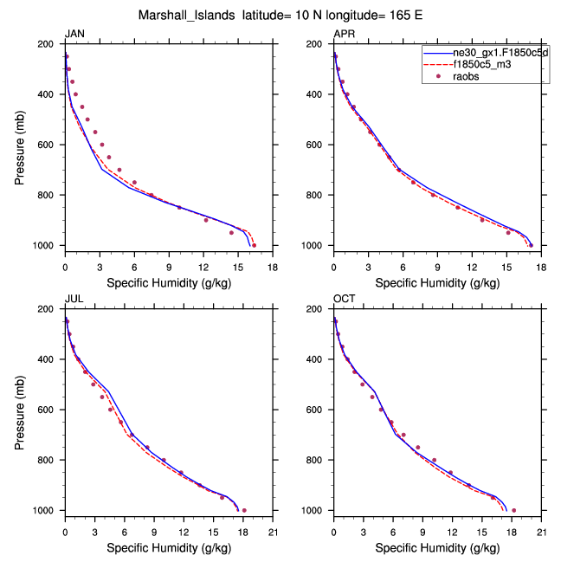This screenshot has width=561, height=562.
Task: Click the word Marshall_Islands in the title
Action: pos(183,15)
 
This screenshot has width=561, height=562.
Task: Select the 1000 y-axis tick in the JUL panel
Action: pos(48,511)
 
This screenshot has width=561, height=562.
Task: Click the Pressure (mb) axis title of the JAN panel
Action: pos(20,145)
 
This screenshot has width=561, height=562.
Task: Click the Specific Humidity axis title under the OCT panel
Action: pos(437,548)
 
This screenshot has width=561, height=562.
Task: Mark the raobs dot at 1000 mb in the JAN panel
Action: pos(254,246)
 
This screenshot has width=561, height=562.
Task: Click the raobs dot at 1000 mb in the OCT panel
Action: pos(513,511)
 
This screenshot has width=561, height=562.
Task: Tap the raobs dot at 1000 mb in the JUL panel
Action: pos(244,511)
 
